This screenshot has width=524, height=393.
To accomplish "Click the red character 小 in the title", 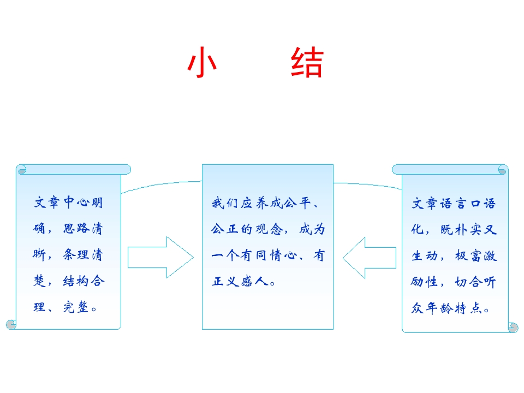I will click(202, 63).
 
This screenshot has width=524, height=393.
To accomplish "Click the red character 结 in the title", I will click(307, 63).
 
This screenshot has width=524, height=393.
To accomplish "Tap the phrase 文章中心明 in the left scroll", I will click(68, 203).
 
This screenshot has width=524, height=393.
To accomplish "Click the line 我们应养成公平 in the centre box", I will click(261, 204).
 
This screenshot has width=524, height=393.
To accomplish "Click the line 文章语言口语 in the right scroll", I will click(454, 204).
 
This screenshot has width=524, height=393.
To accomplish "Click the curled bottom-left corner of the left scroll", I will click(11, 324).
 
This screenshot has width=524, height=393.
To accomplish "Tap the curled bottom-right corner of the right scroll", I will click(513, 327).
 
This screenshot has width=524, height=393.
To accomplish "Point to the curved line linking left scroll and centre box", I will click(162, 184).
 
